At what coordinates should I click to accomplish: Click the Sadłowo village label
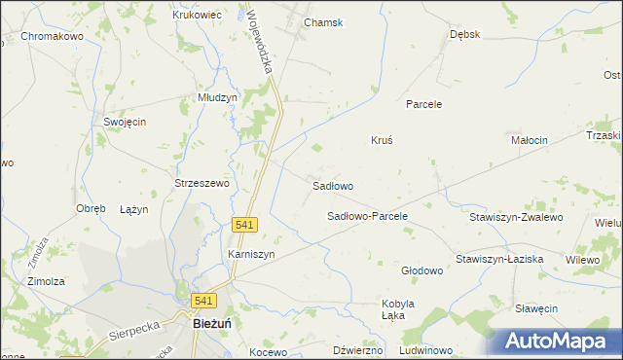click(332, 185)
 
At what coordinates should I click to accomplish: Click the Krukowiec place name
click(198, 15)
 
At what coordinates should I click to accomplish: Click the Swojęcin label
click(125, 122)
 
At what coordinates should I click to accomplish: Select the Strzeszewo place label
click(201, 183)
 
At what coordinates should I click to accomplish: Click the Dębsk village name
click(465, 34)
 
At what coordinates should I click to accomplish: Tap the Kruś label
click(382, 140)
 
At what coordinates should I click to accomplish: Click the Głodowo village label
click(422, 270)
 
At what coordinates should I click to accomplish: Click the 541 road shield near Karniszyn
click(245, 225)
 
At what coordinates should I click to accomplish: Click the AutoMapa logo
click(555, 341)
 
